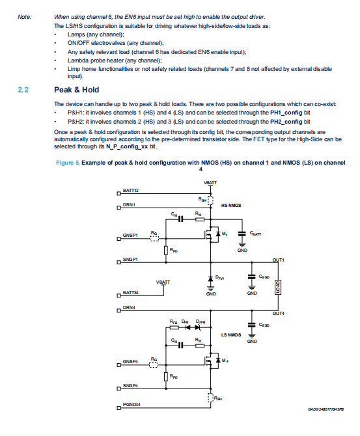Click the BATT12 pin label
coord(130,191)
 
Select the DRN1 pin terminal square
coord(118,208)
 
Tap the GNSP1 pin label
coord(130,235)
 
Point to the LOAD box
coord(278,287)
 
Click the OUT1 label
coord(278,260)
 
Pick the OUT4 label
coord(278,314)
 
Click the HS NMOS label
coord(231,206)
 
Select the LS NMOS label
coord(231,334)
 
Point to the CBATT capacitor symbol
coord(242,234)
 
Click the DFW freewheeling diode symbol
coord(211,279)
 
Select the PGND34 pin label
coord(132,404)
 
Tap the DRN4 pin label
coord(129,308)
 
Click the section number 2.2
coord(23,90)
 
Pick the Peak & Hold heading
coord(77,90)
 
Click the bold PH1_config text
coord(286,113)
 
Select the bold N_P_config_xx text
coord(127,146)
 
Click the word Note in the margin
coord(25,17)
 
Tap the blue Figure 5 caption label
coord(68,163)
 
